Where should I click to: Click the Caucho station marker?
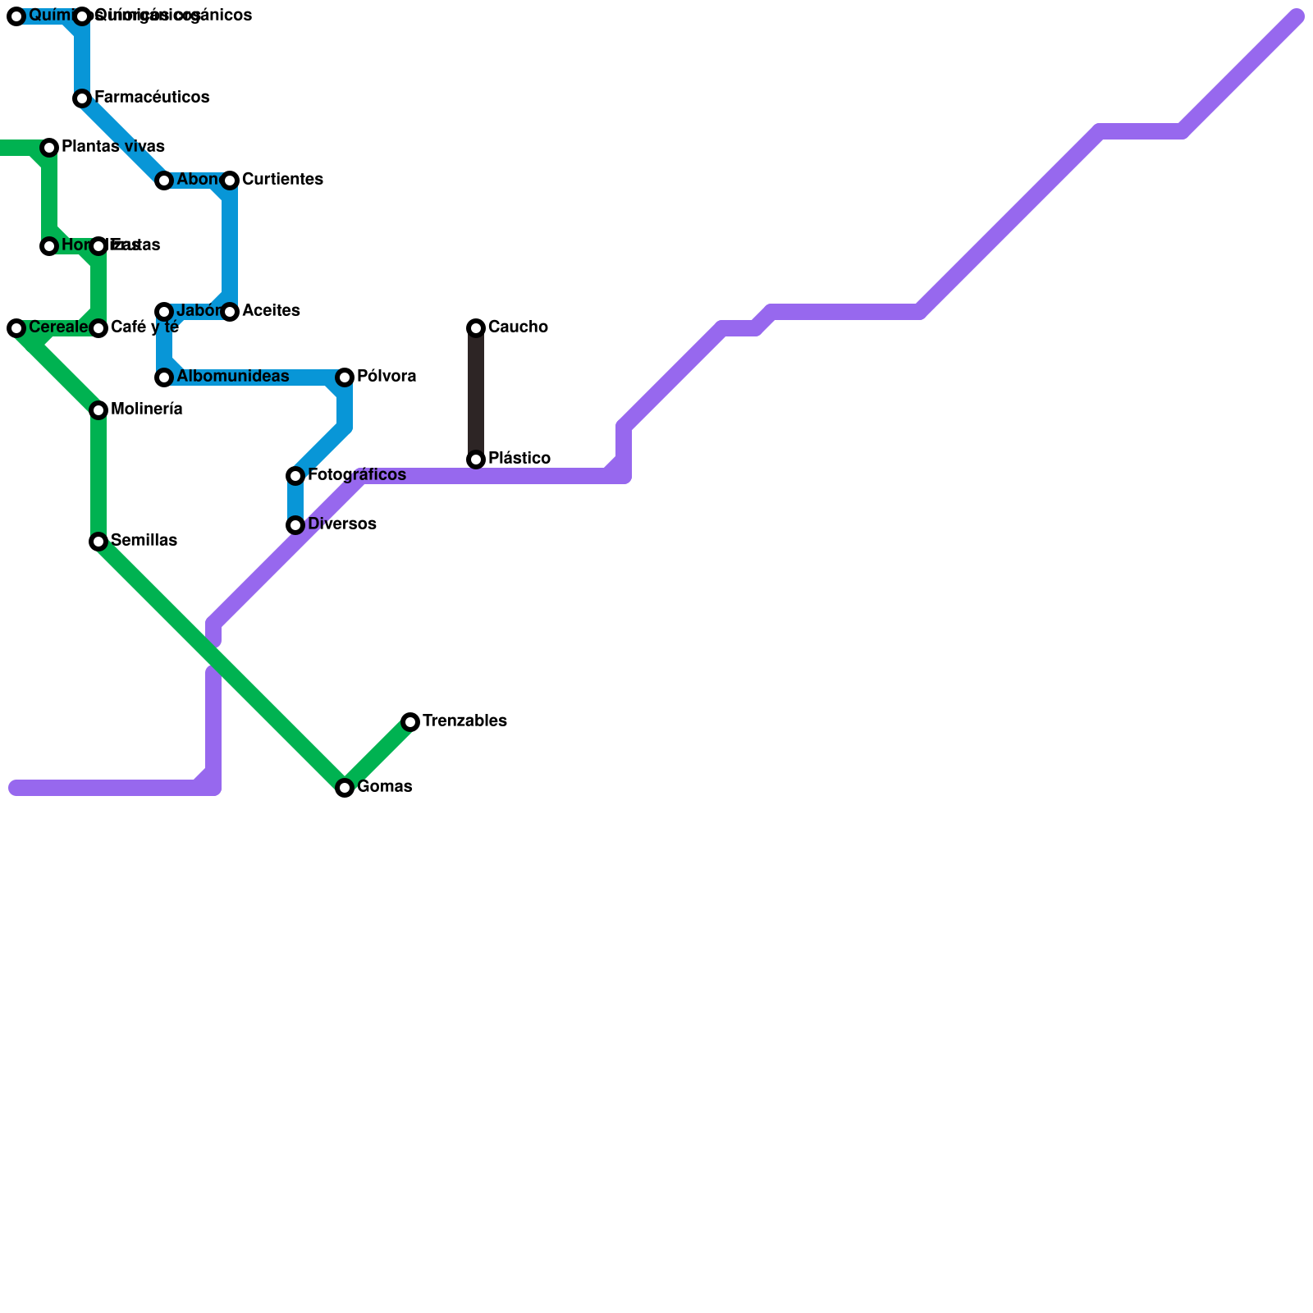click(x=476, y=328)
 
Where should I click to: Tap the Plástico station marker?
click(x=476, y=460)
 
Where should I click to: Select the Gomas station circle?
click(x=345, y=788)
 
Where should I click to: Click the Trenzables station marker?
click(x=410, y=722)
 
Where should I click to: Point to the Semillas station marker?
click(x=98, y=542)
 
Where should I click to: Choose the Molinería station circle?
click(x=98, y=410)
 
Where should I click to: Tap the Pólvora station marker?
click(x=345, y=377)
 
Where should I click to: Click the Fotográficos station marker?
click(x=295, y=476)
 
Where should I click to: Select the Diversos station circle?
click(x=295, y=525)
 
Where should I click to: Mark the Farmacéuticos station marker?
click(x=82, y=98)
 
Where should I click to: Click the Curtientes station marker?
click(x=230, y=181)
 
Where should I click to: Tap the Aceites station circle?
click(x=230, y=312)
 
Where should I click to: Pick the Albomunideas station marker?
click(x=164, y=377)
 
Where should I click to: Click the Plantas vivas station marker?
click(x=49, y=148)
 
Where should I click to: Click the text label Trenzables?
click(x=464, y=721)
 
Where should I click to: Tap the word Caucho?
click(x=518, y=327)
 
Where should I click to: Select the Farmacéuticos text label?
click(x=152, y=98)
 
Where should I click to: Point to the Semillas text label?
click(x=144, y=541)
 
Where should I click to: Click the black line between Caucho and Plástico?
click(x=476, y=394)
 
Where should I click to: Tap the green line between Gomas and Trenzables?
click(x=377, y=755)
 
